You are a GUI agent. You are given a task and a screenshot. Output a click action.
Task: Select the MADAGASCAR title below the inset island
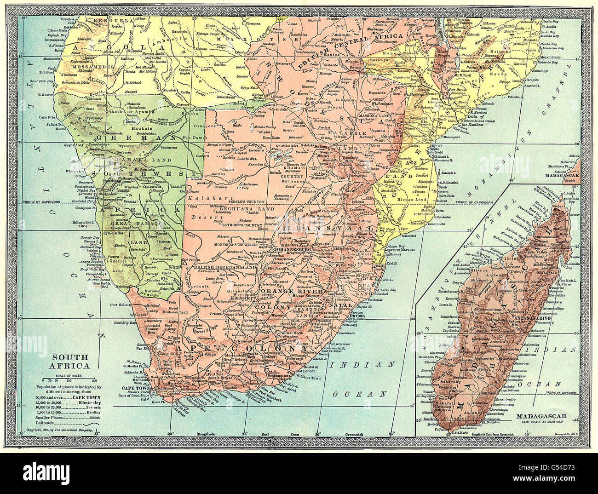541,417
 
